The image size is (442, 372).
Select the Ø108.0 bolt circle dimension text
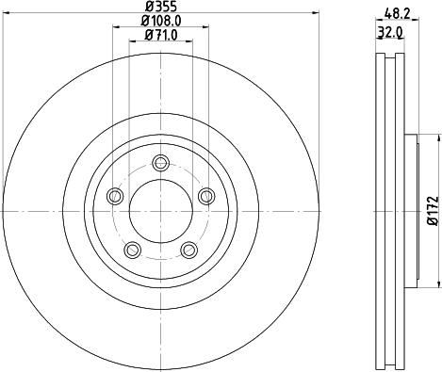pos(160,21)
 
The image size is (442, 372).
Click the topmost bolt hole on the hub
pos(160,161)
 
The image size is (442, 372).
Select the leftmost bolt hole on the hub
pos(116,195)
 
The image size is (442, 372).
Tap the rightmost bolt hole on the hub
pos(205,195)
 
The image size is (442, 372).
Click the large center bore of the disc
pos(160,209)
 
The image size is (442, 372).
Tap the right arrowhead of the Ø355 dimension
pos(316,15)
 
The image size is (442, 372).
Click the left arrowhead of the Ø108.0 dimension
pos(116,28)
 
